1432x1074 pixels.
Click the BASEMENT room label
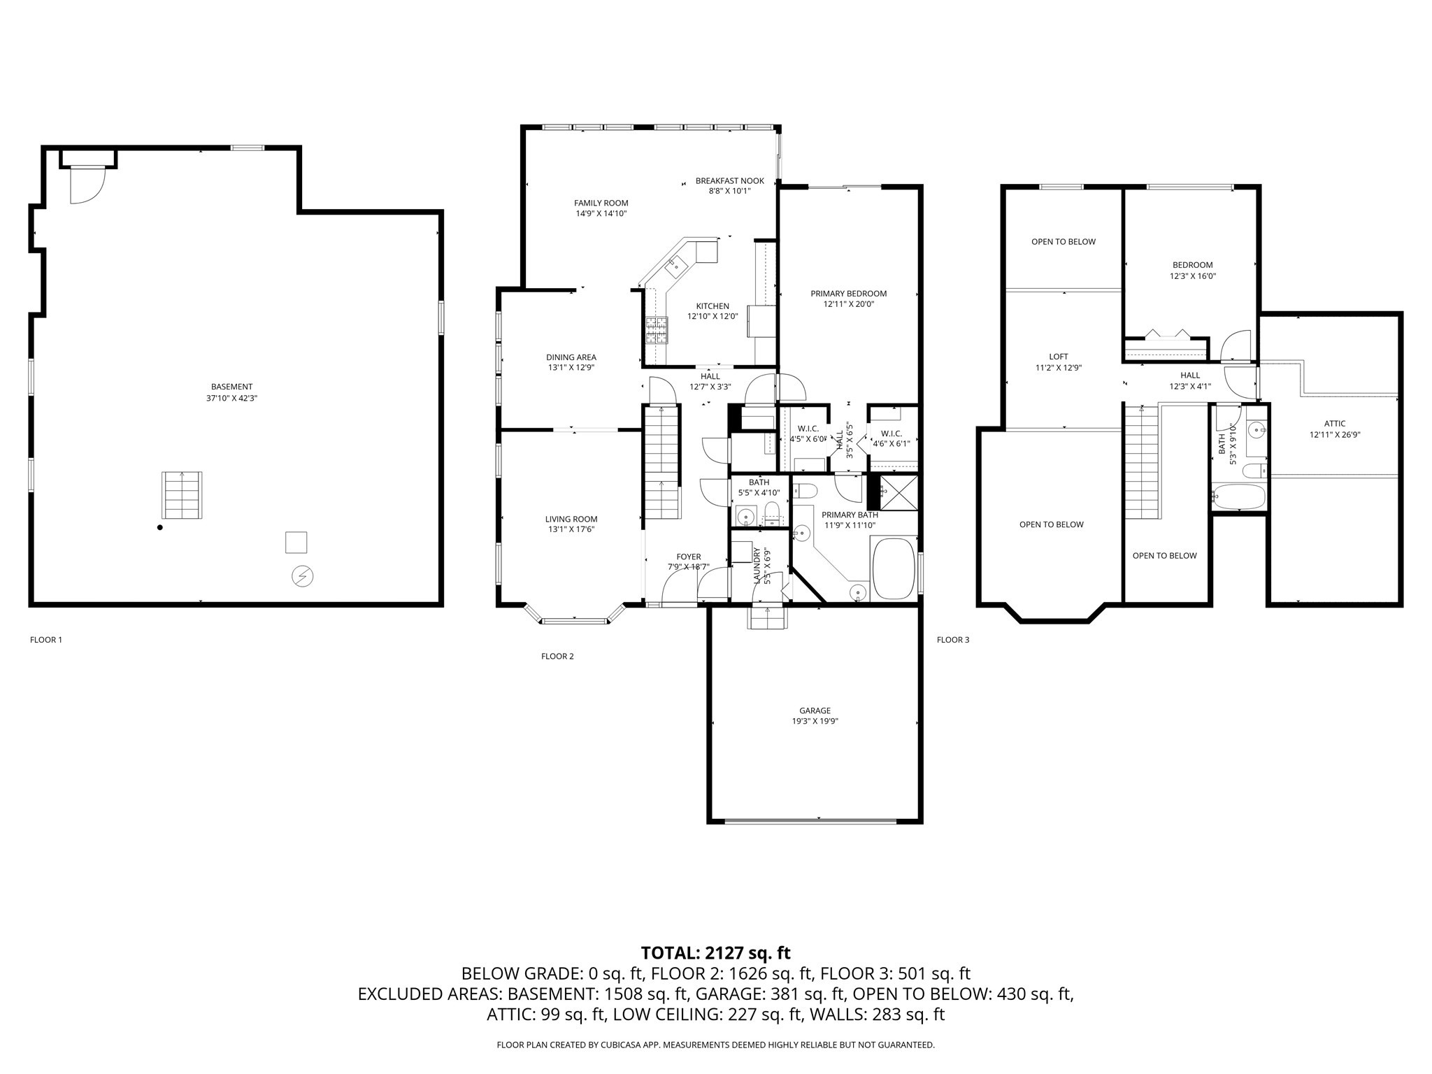tap(231, 387)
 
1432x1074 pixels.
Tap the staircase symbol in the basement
tap(182, 495)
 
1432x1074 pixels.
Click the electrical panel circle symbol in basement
tap(302, 576)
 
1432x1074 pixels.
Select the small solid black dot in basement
tap(160, 527)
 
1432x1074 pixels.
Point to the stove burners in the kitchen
tap(657, 330)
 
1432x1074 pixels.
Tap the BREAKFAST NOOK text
tap(729, 181)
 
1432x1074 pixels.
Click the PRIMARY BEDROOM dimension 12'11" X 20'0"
tap(848, 304)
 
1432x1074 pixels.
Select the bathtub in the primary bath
tap(894, 568)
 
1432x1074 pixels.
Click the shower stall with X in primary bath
tap(898, 492)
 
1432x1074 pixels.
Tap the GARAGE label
tap(815, 710)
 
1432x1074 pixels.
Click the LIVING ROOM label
tap(571, 519)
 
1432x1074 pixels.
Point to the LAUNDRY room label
tap(757, 564)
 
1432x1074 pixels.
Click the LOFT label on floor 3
tap(1058, 357)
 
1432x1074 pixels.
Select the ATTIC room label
tap(1334, 423)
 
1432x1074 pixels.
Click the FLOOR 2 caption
tap(557, 656)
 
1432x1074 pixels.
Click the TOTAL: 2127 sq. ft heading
tap(715, 952)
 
